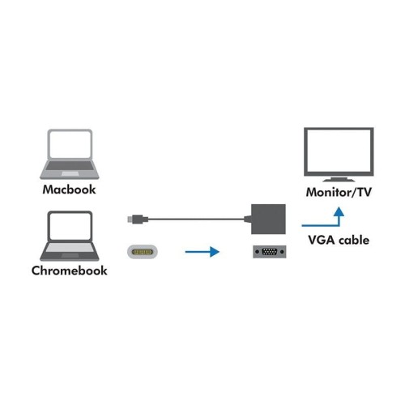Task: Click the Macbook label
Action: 70,190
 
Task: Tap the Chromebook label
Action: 70,270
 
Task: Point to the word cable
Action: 356,240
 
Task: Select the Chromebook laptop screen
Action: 70,226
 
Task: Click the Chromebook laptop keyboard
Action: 70,246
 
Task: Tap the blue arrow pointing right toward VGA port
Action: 202,252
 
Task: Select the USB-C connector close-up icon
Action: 143,252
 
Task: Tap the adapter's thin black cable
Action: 194,217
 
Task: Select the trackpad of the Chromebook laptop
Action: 70,254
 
